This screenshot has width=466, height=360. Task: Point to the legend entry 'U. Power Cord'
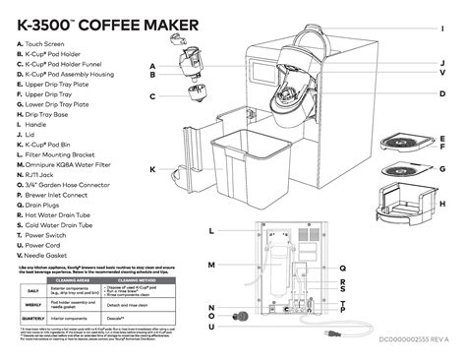[x=43, y=245]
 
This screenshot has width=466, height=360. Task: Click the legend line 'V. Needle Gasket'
[x=48, y=256]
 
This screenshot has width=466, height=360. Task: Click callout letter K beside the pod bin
[x=153, y=169]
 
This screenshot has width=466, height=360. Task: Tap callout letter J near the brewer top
[x=443, y=62]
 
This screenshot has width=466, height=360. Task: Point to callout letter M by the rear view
[x=211, y=266]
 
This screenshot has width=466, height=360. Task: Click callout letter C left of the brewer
[x=153, y=96]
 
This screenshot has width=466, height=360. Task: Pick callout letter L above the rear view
[x=211, y=230]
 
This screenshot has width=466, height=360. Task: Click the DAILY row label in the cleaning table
[x=32, y=291]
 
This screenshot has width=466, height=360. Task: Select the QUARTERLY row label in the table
[x=32, y=318]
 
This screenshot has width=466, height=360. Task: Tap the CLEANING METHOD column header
[x=137, y=279]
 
